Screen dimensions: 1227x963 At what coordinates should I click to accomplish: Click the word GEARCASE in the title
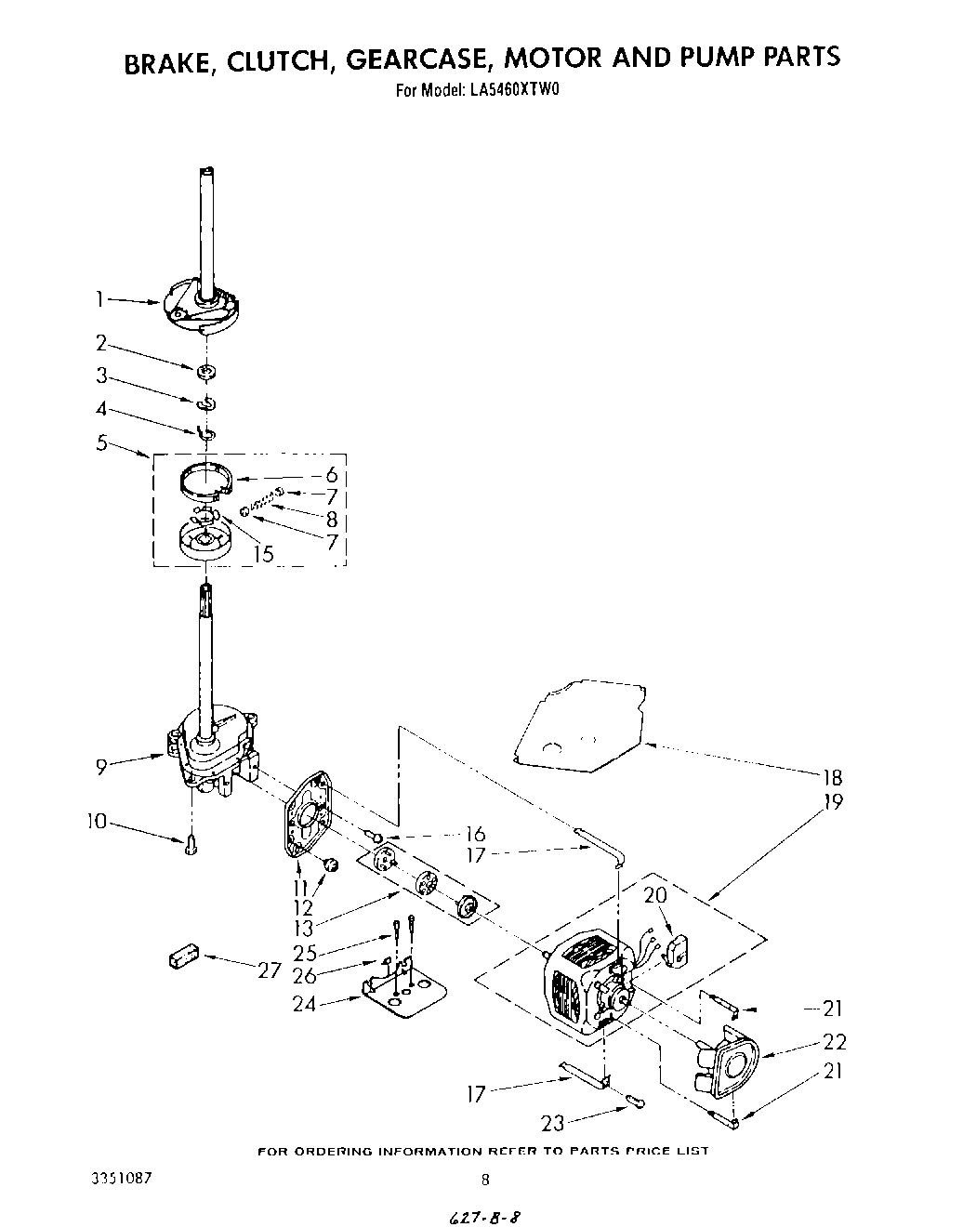point(417,59)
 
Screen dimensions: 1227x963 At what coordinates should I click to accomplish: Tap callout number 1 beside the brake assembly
point(99,298)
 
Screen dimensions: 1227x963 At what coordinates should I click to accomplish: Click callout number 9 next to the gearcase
point(100,766)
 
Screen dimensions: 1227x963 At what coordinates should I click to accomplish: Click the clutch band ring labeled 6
point(204,480)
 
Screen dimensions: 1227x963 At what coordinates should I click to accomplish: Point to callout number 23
point(552,1123)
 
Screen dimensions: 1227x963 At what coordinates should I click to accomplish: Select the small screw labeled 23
point(636,1102)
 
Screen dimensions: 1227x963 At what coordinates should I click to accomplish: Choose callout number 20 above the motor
point(655,896)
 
